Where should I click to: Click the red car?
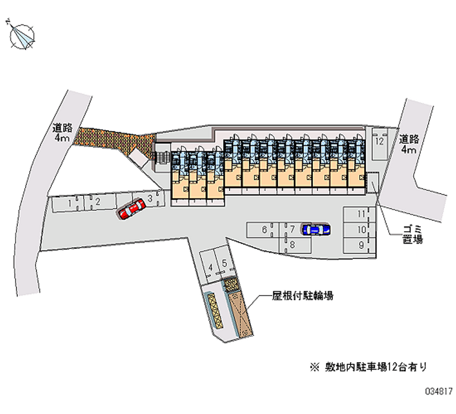tap(131, 209)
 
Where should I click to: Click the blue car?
tap(315, 229)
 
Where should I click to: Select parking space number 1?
tap(68, 202)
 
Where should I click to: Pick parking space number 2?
tap(98, 202)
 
